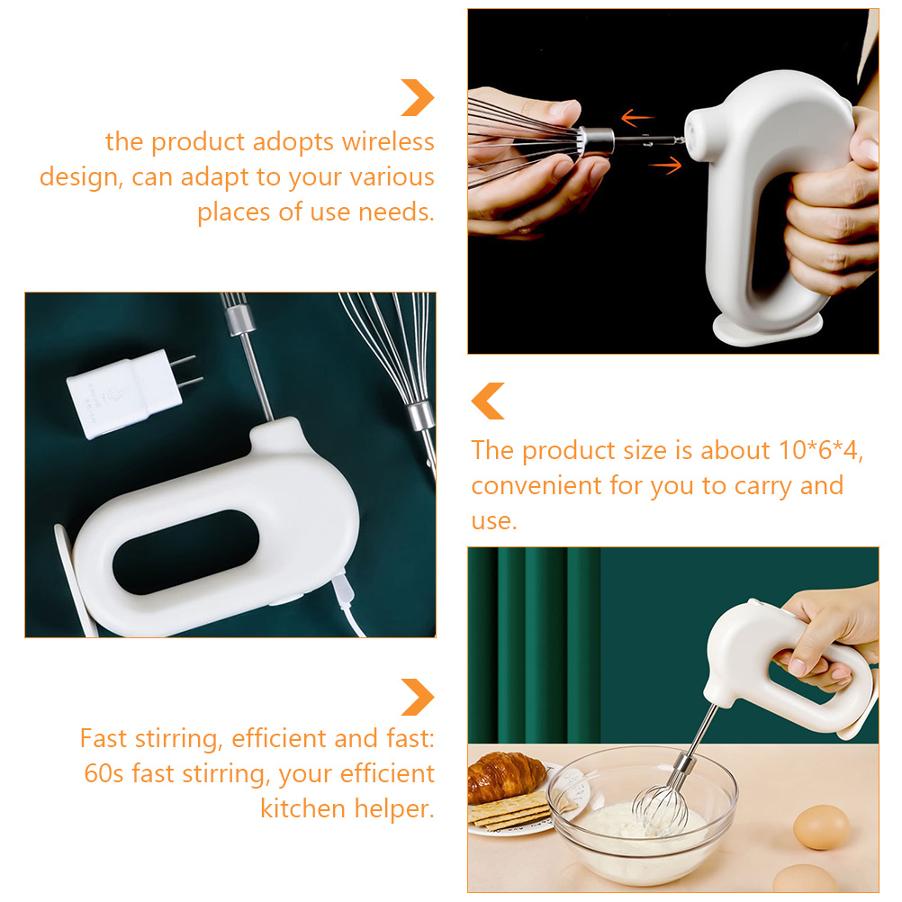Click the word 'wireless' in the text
coord(388,141)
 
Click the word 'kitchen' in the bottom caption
coord(303,808)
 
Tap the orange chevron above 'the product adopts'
coord(418,98)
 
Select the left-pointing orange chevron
coord(488,401)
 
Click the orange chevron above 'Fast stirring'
coord(418,698)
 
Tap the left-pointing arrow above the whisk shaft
coord(637,118)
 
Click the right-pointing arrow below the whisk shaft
coord(665,166)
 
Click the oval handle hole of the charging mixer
coord(185,551)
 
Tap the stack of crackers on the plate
coord(510,810)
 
